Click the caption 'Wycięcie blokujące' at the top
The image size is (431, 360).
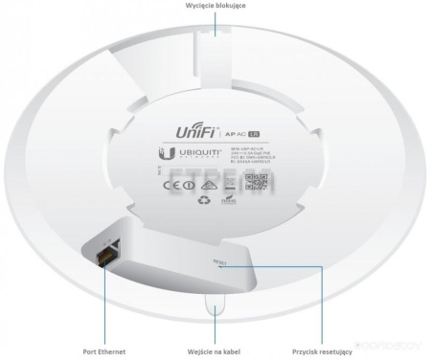(215, 6)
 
